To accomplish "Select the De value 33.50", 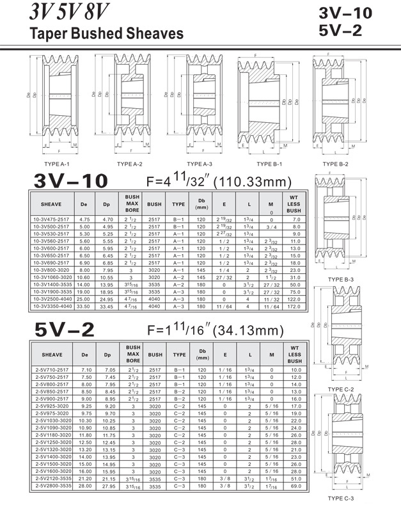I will (x=83, y=307).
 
